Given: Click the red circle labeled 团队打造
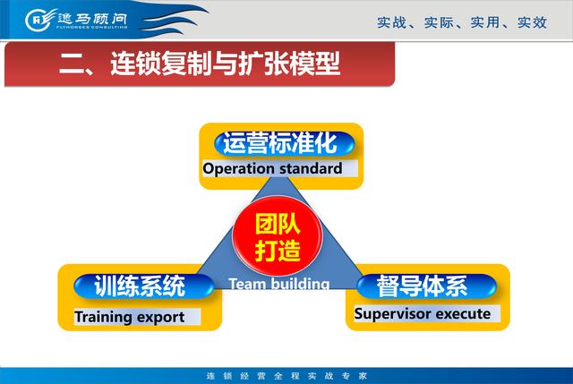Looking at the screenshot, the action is click(x=278, y=235).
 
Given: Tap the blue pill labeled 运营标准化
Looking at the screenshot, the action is click(x=285, y=143).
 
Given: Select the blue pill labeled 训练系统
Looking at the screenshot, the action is click(x=144, y=286).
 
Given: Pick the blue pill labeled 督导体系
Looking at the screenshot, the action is click(x=426, y=286).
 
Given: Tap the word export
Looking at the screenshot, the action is click(x=159, y=318).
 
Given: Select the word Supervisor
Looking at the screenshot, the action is click(x=393, y=314).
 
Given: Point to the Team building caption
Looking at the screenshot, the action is click(x=279, y=284).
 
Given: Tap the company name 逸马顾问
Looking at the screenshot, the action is click(x=92, y=18).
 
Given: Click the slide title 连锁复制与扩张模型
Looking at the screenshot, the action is click(x=226, y=64).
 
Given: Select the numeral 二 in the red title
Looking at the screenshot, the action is click(x=71, y=64).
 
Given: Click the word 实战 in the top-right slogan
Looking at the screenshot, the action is click(x=391, y=22).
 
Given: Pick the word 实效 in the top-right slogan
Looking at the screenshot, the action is click(x=532, y=22).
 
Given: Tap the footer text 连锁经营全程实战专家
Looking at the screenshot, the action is click(x=286, y=376).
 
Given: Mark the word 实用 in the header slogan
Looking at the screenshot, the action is click(x=485, y=22).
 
